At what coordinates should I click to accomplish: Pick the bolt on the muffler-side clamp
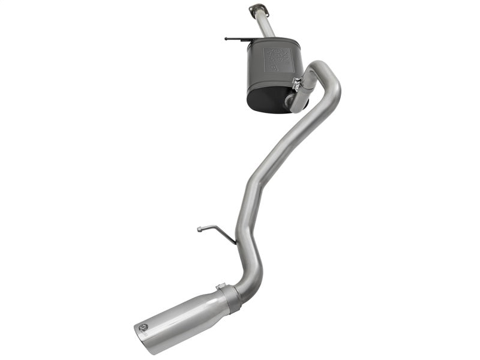[x=296, y=83]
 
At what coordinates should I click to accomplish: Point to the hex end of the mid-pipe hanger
[x=200, y=229]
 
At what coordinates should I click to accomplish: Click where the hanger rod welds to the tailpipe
[x=235, y=244]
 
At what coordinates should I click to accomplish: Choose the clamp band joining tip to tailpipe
[x=230, y=298]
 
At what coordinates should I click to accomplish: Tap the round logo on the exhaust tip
[x=142, y=328]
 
